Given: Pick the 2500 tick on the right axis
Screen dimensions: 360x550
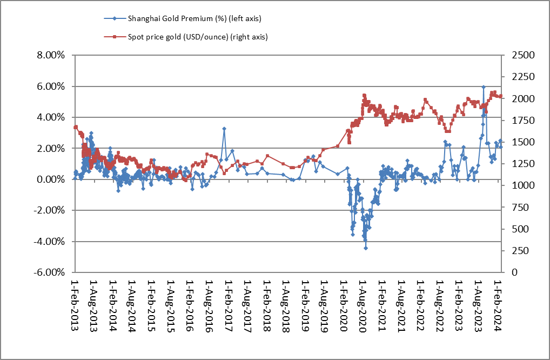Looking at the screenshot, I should pyautogui.click(x=517, y=55).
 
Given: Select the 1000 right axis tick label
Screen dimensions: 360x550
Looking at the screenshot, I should pyautogui.click(x=517, y=185).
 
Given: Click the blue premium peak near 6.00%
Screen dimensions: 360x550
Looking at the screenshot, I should pyautogui.click(x=484, y=86).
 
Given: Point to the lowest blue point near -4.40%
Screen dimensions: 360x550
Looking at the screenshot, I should pyautogui.click(x=366, y=248).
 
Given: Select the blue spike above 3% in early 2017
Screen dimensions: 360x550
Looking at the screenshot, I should pyautogui.click(x=224, y=129).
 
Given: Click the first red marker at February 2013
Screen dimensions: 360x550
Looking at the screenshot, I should pyautogui.click(x=75, y=127).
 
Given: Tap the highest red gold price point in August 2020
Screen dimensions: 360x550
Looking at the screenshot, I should pyautogui.click(x=364, y=95).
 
